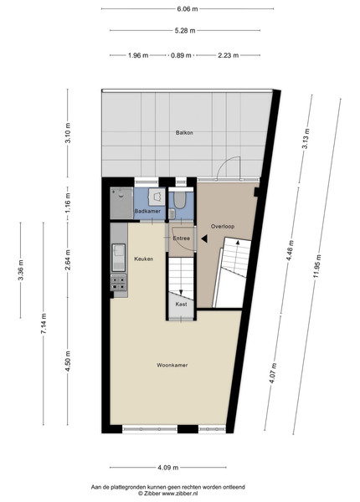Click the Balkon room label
[x=184, y=132]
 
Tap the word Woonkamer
[x=172, y=365]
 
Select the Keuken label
[x=143, y=259]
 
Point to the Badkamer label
[x=147, y=211]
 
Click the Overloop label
[x=223, y=227]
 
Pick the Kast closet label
[x=181, y=305]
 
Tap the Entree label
[x=182, y=238]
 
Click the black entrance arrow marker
[x=204, y=238]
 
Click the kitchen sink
[x=119, y=258]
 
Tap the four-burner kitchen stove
[x=119, y=283]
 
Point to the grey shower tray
[x=121, y=203]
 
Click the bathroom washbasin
[x=157, y=196]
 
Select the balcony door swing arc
[x=228, y=161]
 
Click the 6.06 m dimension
[x=188, y=9]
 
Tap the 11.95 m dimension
[x=317, y=266]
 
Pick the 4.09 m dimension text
[x=167, y=468]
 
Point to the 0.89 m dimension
[x=181, y=55]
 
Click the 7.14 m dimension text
[x=44, y=324]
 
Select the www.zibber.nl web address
[x=180, y=494]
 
